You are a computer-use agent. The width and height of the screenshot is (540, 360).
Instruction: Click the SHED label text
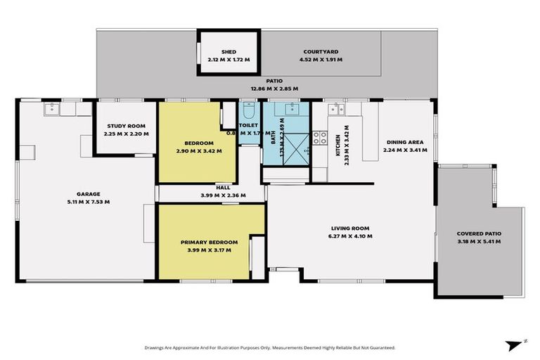pyautogui.click(x=228, y=52)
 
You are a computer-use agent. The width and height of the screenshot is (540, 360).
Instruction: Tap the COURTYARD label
pyautogui.click(x=321, y=52)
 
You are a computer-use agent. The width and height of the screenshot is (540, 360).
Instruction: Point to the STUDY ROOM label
pyautogui.click(x=124, y=127)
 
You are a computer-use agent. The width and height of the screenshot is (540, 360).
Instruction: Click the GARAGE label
pyautogui.click(x=89, y=194)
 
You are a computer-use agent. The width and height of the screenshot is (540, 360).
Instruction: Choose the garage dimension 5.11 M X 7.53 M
pyautogui.click(x=89, y=202)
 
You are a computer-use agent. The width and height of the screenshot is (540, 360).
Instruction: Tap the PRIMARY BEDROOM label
pyautogui.click(x=209, y=242)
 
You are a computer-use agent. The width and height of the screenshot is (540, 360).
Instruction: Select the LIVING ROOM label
pyautogui.click(x=351, y=229)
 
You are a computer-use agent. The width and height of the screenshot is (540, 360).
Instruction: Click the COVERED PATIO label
pyautogui.click(x=479, y=233)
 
